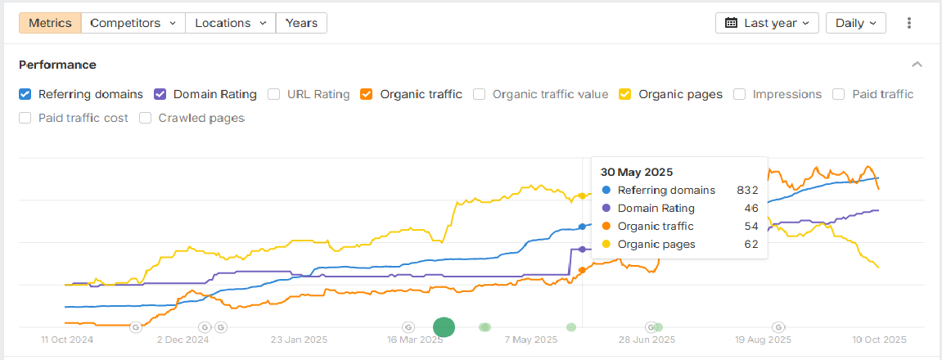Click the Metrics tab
coord(50,23)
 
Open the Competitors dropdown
coord(133,23)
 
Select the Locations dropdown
coord(230,23)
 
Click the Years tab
coord(301,23)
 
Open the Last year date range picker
coord(767,23)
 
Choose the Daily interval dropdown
coord(855,23)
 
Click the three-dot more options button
coord(908,23)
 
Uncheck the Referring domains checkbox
coord(25,94)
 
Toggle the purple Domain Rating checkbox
coord(160,94)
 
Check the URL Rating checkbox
coord(274,94)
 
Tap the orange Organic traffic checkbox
coord(367,94)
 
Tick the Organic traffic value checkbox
coord(480,94)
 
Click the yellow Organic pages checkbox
coord(625,94)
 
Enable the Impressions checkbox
coord(739,94)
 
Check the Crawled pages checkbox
coord(146,118)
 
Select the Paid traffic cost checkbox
coord(25,118)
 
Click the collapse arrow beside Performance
coord(917,65)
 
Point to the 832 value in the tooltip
coord(746,190)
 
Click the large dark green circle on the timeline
coord(444,327)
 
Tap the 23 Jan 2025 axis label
coord(298,339)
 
